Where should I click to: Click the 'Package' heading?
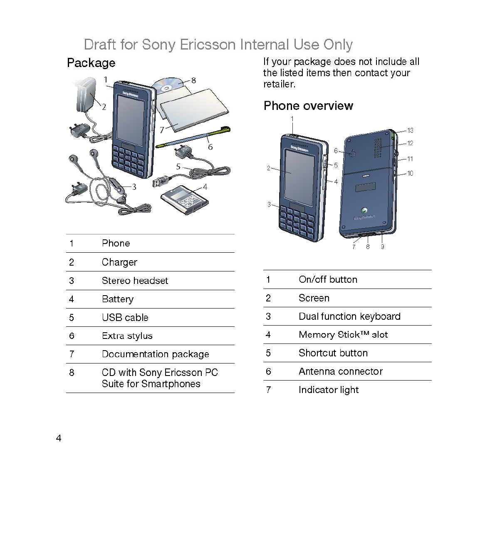(91, 63)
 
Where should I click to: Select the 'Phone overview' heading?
(308, 106)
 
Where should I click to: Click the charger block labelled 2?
(86, 95)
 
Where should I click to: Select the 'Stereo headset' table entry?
(135, 281)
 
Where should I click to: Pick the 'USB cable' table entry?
(125, 317)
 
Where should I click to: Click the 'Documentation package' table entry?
(155, 354)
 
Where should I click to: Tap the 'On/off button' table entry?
(328, 279)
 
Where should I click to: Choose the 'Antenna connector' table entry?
(340, 371)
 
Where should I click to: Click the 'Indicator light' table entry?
(328, 390)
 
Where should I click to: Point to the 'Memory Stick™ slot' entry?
(343, 334)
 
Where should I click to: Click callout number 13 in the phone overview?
(410, 130)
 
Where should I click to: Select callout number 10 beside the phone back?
(410, 173)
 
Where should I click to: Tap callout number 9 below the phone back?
(382, 246)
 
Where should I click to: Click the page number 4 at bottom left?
(59, 438)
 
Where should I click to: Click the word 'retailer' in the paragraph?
(278, 84)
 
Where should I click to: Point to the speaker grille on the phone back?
(378, 148)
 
